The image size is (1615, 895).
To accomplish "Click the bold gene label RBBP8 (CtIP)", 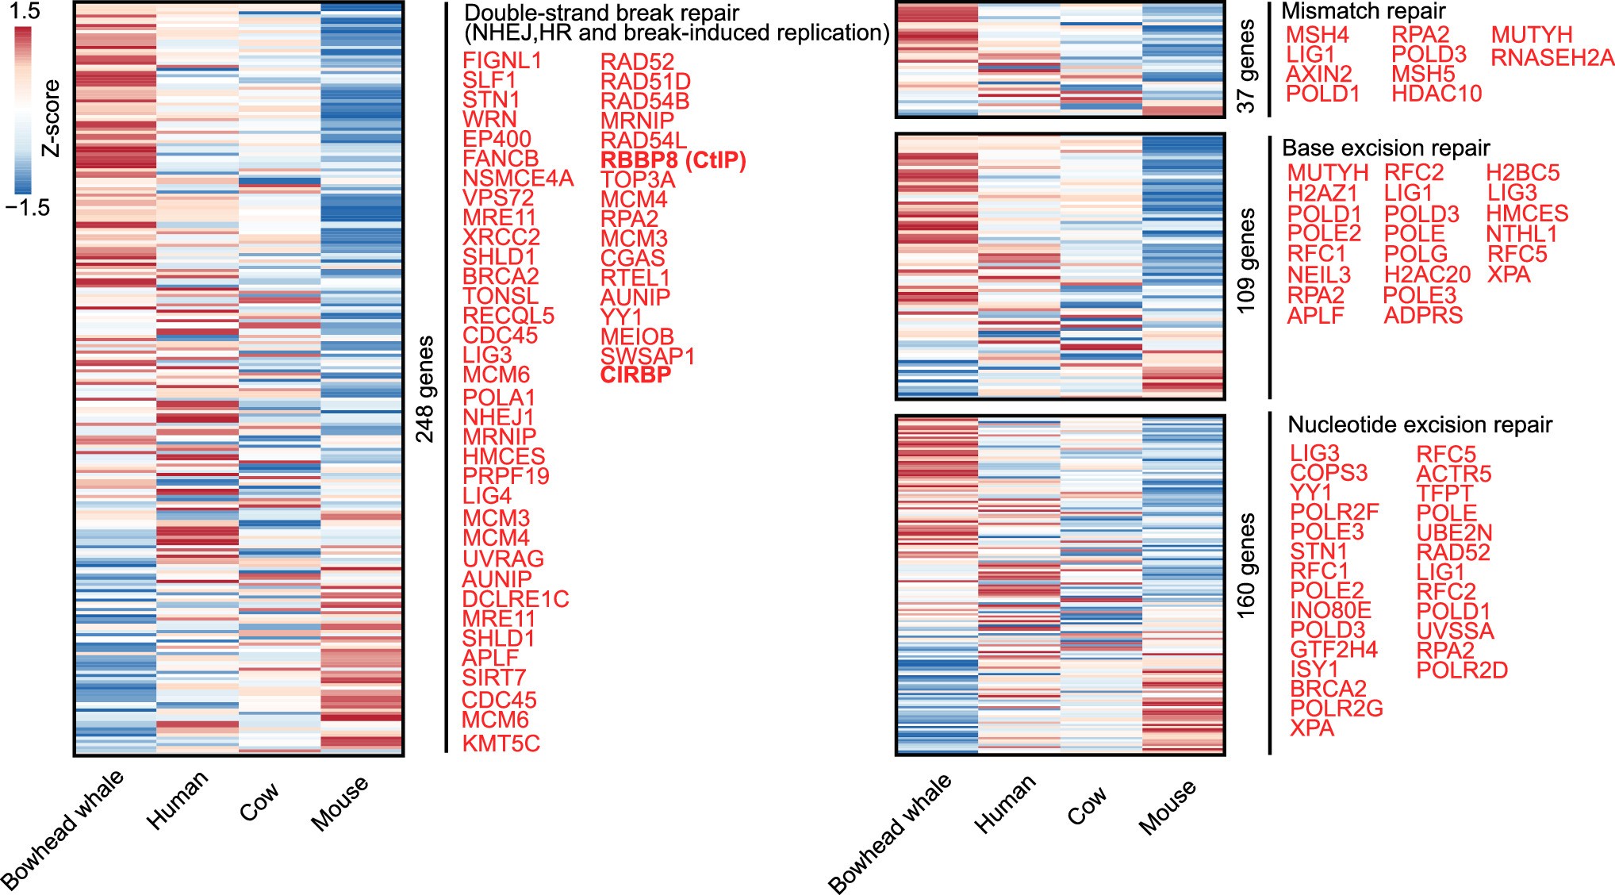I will point(673,160).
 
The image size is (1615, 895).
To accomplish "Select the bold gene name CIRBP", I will point(635,375).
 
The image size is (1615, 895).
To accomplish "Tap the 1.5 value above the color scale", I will point(24,11).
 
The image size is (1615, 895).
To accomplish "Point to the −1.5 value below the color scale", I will point(27,208).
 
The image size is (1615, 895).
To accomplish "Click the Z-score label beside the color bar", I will point(51,118).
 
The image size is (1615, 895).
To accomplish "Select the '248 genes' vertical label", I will point(426,389).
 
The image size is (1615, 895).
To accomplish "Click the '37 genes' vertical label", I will point(1247,67).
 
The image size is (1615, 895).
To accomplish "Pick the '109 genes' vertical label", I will point(1247,261).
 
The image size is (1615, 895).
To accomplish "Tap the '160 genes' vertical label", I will point(1247,566).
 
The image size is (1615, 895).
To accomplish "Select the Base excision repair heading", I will point(1385,148).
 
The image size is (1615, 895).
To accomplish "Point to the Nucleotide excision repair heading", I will point(1419,425).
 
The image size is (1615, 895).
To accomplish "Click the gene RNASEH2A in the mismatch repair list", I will point(1552,58).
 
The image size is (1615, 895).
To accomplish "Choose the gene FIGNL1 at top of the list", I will point(502,61).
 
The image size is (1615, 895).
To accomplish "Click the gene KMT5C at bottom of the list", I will point(501,744).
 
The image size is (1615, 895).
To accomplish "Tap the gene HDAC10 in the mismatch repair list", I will point(1436,94).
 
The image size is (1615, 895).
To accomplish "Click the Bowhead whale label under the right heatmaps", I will point(890,833).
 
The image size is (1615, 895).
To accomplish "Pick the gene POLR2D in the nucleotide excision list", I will point(1461,670).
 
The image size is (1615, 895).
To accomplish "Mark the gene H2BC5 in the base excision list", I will point(1522,173).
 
